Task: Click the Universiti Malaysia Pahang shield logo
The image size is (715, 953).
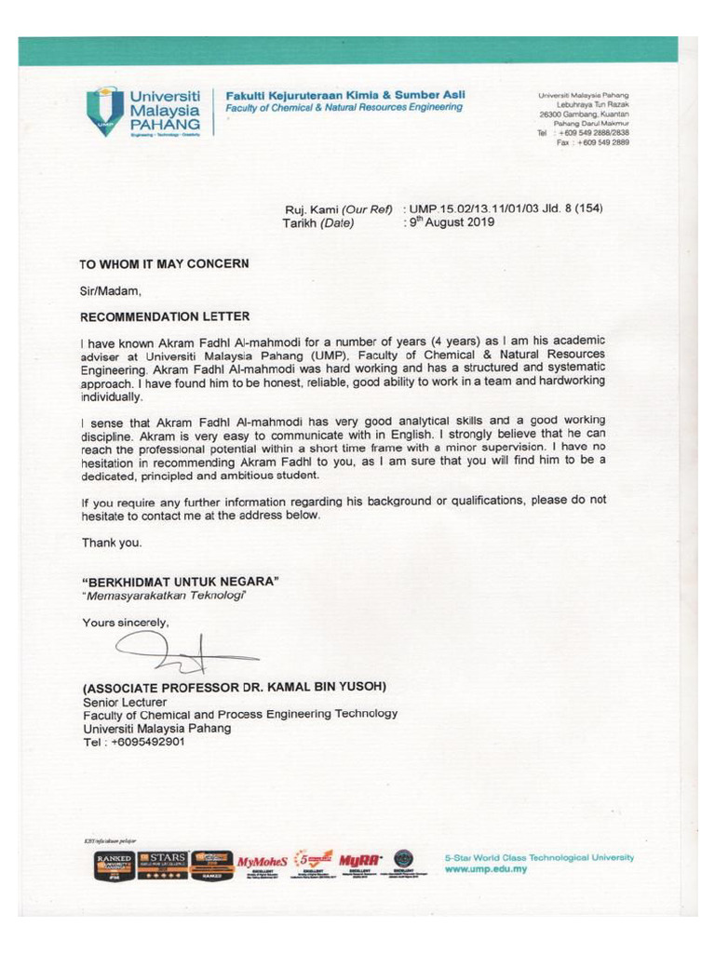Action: pos(104,111)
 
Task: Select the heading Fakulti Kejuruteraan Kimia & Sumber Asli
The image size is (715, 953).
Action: pos(339,95)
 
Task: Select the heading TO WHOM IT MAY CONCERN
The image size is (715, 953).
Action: pos(165,263)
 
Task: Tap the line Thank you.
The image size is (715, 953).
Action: pos(112,542)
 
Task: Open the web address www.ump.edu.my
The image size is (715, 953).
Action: pos(487,869)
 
